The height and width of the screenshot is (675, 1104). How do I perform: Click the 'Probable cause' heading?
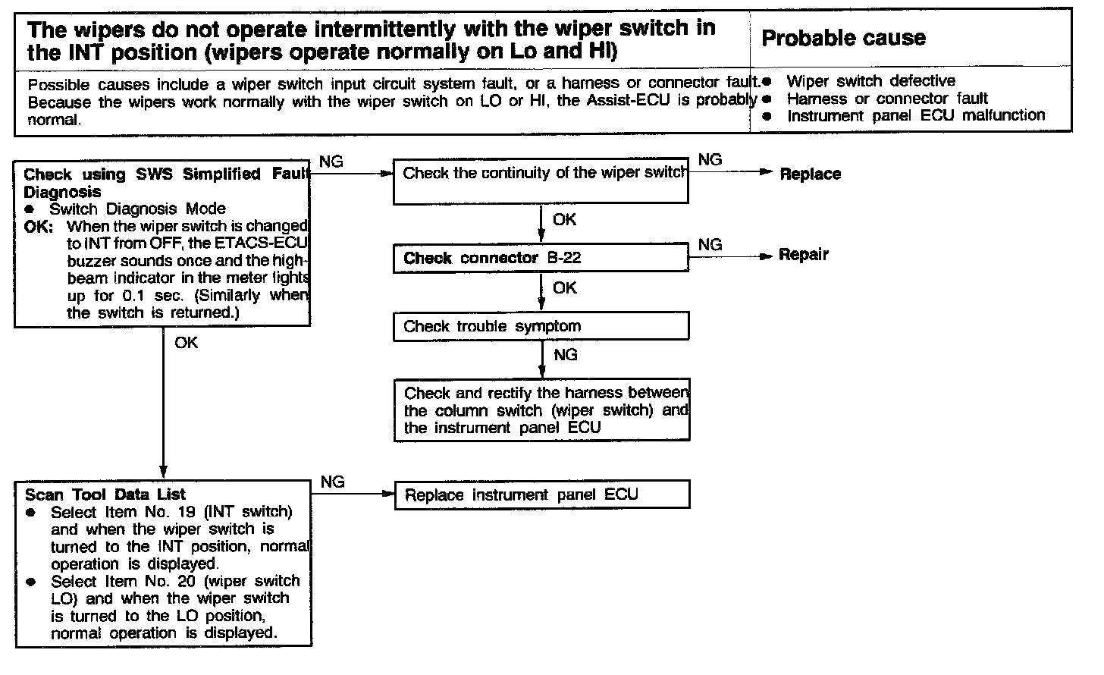point(843,38)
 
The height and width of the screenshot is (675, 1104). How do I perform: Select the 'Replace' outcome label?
point(810,174)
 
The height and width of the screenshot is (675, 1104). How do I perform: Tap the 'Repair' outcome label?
point(804,255)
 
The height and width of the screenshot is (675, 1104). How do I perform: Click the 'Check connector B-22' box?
point(541,258)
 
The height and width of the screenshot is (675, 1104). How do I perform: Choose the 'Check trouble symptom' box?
point(541,327)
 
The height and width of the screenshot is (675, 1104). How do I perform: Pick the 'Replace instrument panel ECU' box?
point(541,495)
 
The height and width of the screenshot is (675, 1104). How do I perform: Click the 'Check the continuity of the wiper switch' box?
point(541,181)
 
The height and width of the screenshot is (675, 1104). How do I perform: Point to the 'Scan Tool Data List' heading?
point(105,494)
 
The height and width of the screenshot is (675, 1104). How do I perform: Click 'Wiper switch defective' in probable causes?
point(870,81)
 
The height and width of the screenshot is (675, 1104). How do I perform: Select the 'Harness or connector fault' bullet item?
point(887,99)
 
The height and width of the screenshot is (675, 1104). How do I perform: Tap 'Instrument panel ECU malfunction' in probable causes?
point(916,115)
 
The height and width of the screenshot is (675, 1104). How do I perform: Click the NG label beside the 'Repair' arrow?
point(710,244)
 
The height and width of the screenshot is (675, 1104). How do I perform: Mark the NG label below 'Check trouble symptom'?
point(566,354)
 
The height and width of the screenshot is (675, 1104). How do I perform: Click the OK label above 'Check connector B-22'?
point(564,220)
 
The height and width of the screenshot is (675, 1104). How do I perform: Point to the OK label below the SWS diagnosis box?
point(186,343)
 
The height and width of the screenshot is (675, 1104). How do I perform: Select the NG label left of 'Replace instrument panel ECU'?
point(332,482)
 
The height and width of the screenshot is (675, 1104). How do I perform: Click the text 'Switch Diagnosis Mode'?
point(137,209)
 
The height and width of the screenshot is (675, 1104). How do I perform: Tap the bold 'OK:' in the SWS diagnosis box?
point(39,226)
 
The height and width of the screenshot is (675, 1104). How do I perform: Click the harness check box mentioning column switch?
point(541,411)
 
